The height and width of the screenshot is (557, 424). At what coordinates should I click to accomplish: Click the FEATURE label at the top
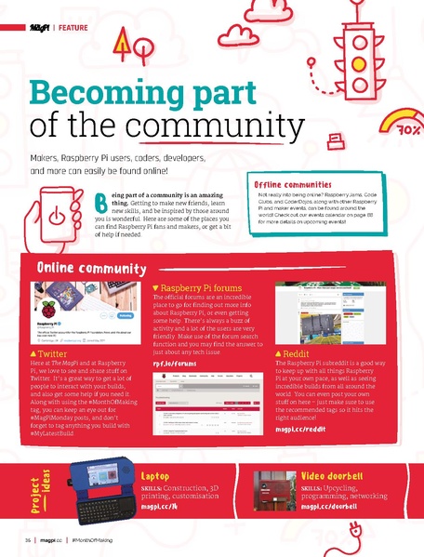73,28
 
